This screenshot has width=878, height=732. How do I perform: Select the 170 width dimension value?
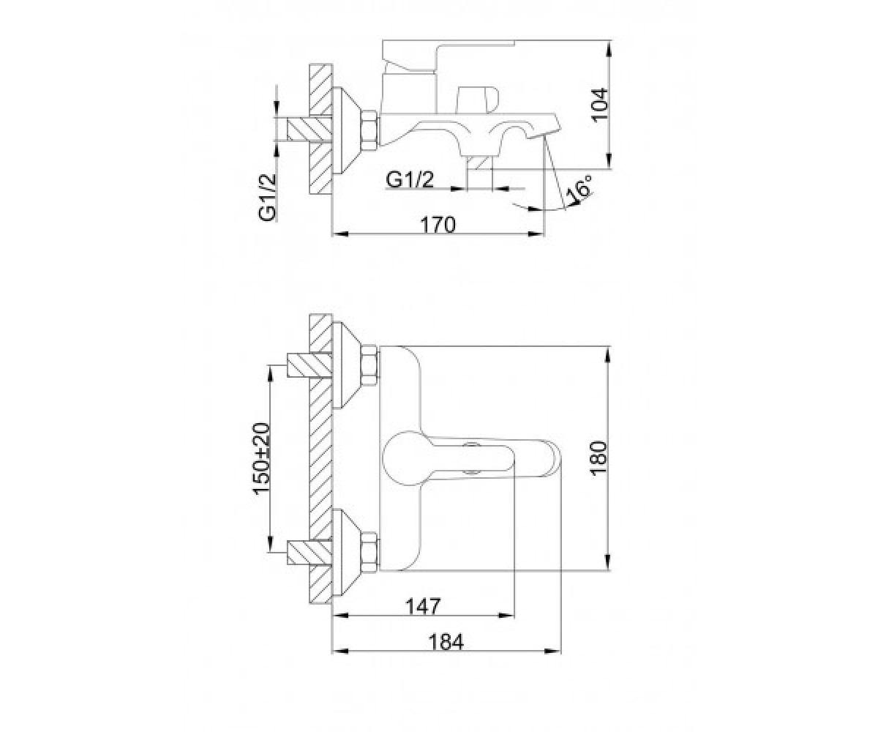[438, 225]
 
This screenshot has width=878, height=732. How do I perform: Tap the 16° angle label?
[579, 189]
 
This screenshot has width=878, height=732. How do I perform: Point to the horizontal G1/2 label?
[410, 180]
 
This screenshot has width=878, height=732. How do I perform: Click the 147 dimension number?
[423, 606]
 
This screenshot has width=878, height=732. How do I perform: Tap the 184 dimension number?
[446, 642]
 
